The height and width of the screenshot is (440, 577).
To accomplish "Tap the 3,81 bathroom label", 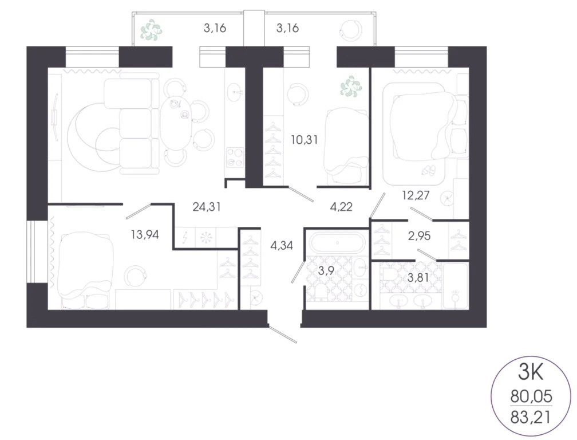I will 418,280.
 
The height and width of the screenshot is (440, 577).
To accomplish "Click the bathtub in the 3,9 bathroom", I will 335,242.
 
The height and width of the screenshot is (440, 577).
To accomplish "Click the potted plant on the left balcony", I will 152,30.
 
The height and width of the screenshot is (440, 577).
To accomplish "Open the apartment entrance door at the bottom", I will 283,333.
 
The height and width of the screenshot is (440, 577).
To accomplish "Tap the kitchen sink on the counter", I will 235,92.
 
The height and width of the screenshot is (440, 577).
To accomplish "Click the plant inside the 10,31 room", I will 350,86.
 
